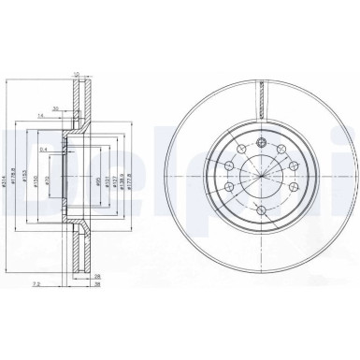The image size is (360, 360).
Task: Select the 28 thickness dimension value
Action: tap(96, 277)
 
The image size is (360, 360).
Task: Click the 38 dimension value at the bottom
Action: tap(96, 286)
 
